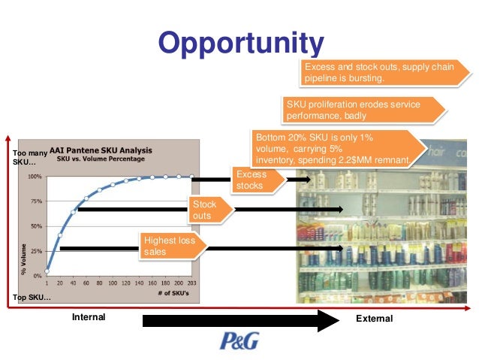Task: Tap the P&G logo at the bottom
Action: coord(239,340)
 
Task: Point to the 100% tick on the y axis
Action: coord(35,177)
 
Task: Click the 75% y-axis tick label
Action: coord(35,201)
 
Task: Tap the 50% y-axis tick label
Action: coord(35,226)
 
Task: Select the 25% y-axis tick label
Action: coord(35,251)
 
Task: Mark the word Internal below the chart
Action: coord(89,318)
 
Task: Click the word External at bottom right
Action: coord(375,319)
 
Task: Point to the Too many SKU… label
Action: coord(29,158)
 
